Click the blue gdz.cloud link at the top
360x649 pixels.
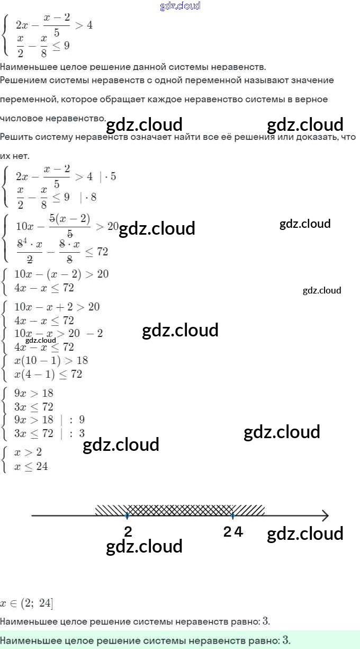(x=180, y=6)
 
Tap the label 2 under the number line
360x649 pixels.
(x=128, y=532)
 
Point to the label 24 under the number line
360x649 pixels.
(x=233, y=532)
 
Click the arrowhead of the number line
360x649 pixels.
(x=325, y=515)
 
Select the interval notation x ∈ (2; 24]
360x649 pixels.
(x=26, y=603)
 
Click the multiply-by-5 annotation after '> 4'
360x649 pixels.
(x=108, y=176)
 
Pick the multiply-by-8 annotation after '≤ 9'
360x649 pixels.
(x=88, y=197)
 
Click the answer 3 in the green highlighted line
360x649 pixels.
(x=286, y=640)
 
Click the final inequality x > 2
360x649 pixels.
(x=28, y=452)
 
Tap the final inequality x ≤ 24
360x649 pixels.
(x=31, y=466)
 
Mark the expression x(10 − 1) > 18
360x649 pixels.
(x=51, y=360)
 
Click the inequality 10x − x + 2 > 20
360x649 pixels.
(x=57, y=307)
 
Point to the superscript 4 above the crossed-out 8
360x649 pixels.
(x=25, y=240)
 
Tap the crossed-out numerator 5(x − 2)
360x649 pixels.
(x=69, y=219)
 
